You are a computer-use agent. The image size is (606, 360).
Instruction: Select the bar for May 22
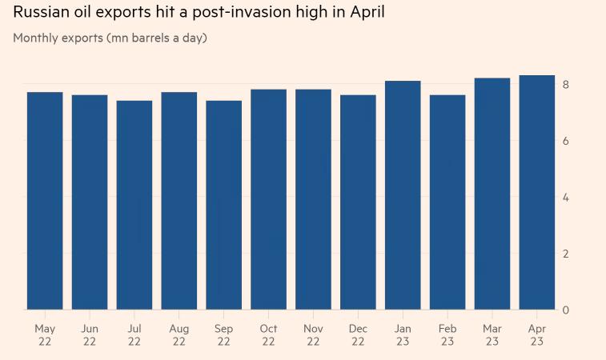pyautogui.click(x=45, y=201)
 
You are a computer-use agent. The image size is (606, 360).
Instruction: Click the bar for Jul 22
pyautogui.click(x=134, y=205)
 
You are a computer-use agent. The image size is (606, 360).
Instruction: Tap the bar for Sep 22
pyautogui.click(x=223, y=205)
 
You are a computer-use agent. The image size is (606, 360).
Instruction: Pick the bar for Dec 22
pyautogui.click(x=358, y=202)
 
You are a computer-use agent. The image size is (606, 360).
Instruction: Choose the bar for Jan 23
pyautogui.click(x=403, y=195)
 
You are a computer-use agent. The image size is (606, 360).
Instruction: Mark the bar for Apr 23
pyautogui.click(x=537, y=192)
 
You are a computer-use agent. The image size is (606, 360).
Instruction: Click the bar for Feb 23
pyautogui.click(x=447, y=202)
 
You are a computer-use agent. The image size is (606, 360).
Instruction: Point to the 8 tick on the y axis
pyautogui.click(x=566, y=85)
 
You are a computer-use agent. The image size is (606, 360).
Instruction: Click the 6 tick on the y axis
pyautogui.click(x=566, y=141)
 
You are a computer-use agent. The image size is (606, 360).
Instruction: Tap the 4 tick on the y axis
pyautogui.click(x=566, y=198)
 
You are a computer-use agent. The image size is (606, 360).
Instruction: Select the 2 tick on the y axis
pyautogui.click(x=566, y=254)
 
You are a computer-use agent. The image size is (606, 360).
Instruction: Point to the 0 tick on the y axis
pyautogui.click(x=566, y=310)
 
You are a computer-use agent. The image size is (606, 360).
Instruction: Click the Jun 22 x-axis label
pyautogui.click(x=90, y=335)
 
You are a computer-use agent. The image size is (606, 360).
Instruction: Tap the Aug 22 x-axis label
pyautogui.click(x=179, y=335)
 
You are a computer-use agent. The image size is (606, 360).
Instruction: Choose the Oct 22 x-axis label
pyautogui.click(x=268, y=335)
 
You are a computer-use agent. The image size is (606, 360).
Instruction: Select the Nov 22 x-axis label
pyautogui.click(x=313, y=335)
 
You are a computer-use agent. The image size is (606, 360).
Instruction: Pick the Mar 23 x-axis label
pyautogui.click(x=492, y=335)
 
